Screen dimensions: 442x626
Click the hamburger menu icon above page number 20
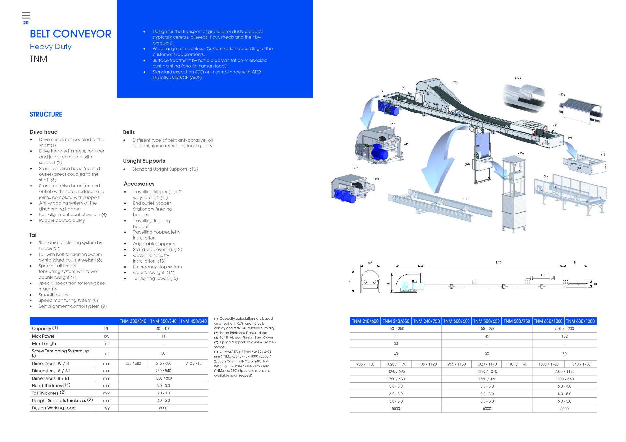coord(26,15)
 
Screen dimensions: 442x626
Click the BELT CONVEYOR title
coord(70,34)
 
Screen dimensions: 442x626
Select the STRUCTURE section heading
coord(46,114)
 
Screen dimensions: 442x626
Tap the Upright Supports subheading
coord(144,161)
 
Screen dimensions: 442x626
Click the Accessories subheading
coord(139,184)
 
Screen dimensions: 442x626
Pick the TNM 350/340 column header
coord(163,321)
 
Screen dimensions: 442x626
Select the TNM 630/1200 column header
coord(580,321)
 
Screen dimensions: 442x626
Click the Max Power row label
coord(43,336)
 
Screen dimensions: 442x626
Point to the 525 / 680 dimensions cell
coord(133,363)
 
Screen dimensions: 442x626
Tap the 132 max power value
coord(564,336)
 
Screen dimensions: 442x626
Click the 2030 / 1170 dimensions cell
coord(564,371)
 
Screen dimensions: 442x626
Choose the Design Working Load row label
coord(54,408)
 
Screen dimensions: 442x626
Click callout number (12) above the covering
coord(518,78)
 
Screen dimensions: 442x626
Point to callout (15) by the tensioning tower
coord(521,153)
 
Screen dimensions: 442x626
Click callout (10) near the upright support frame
coord(465,199)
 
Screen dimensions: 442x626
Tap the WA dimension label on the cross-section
coord(370,262)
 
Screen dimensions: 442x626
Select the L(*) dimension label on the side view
coord(499,262)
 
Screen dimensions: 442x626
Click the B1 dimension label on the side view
coord(595,284)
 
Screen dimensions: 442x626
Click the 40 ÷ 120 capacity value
coord(163,329)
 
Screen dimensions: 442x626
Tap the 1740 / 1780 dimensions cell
coord(580,364)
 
